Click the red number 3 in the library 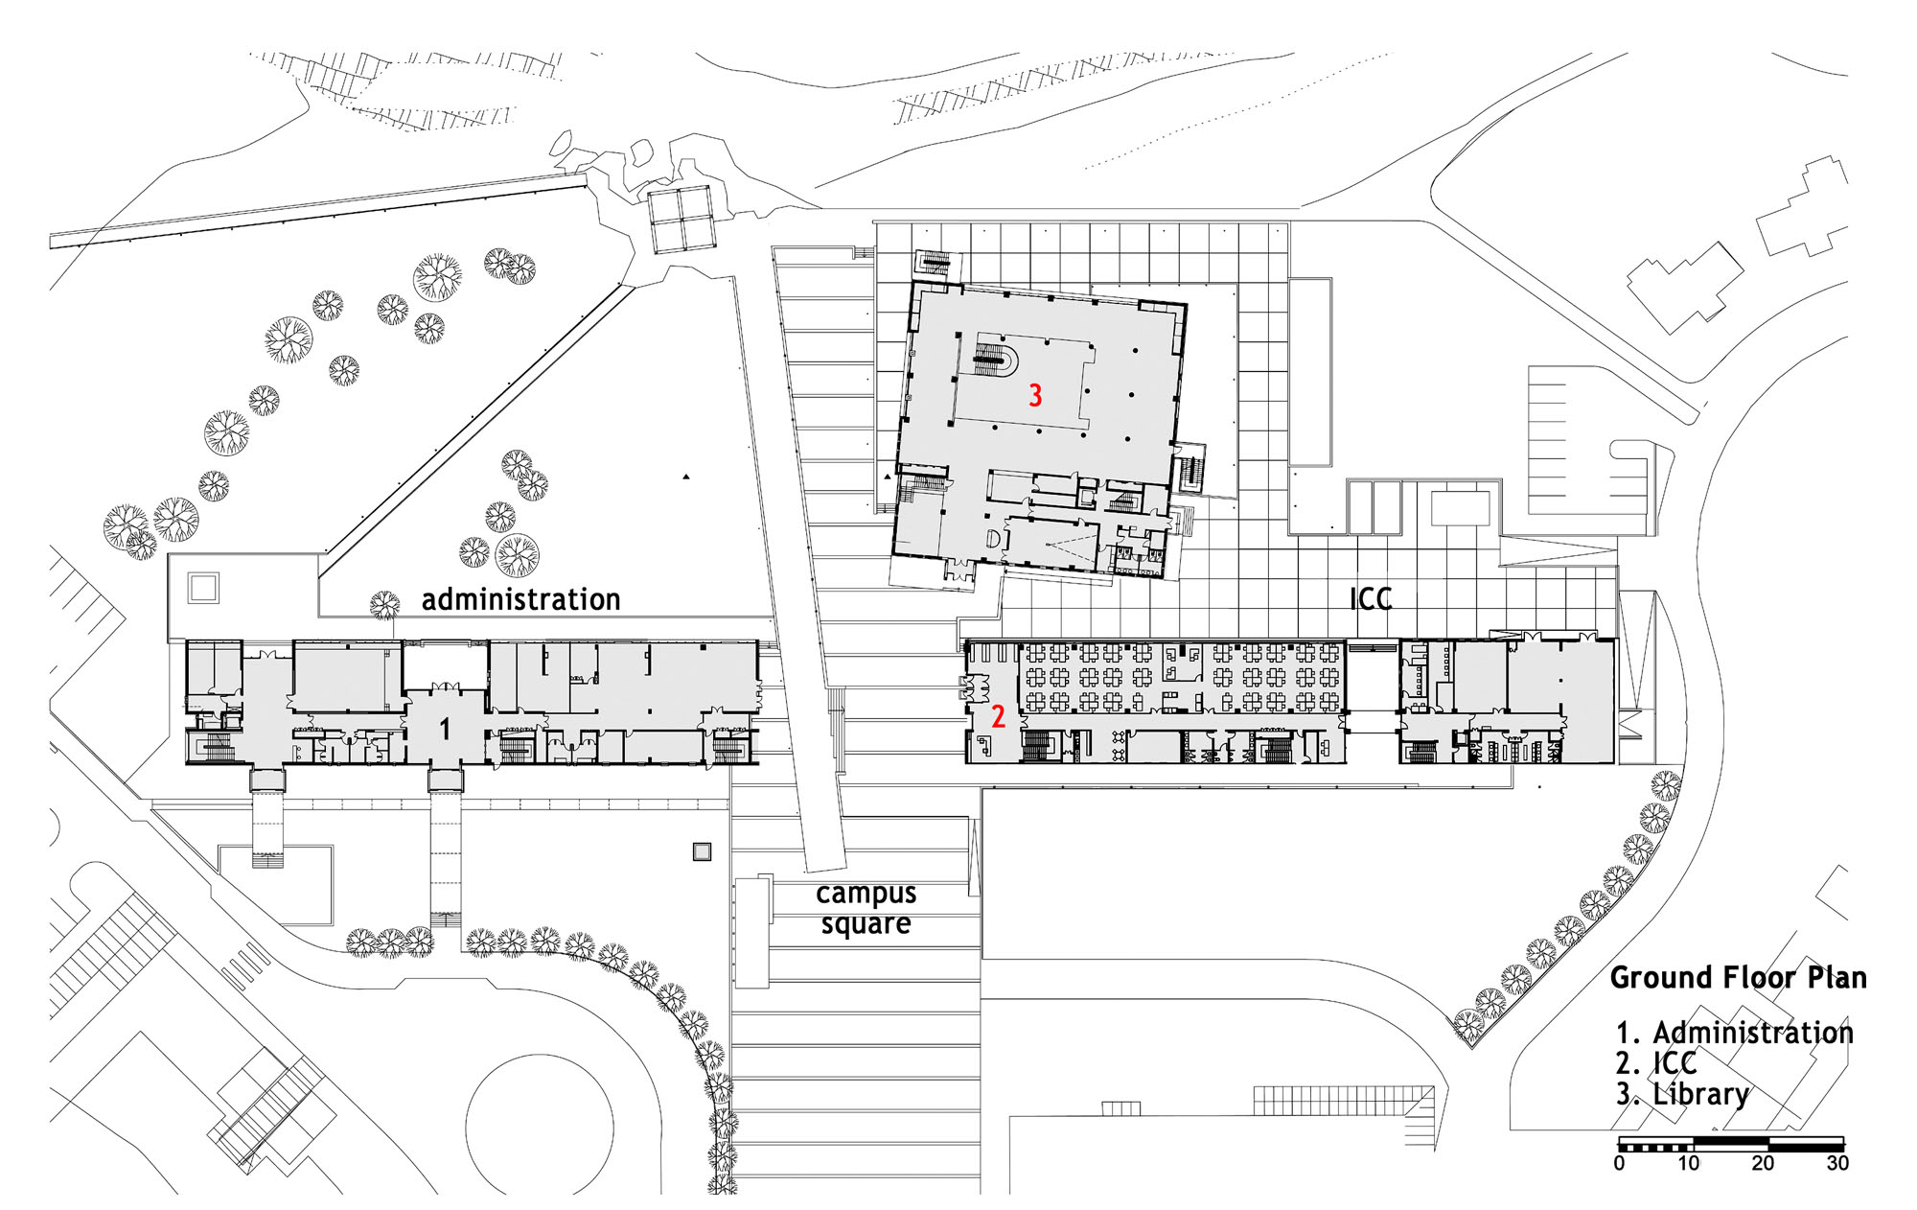click(x=1035, y=395)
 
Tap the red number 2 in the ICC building click(x=998, y=716)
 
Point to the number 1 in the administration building click(x=445, y=730)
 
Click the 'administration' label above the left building click(x=521, y=599)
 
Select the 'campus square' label click(x=866, y=908)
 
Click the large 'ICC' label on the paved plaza click(x=1371, y=599)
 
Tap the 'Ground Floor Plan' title click(x=1739, y=977)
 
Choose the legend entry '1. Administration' click(x=1735, y=1033)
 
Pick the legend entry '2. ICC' click(x=1656, y=1063)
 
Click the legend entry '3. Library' click(x=1683, y=1094)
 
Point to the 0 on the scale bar click(x=1620, y=1163)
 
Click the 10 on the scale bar click(x=1689, y=1163)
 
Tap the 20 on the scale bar click(x=1764, y=1163)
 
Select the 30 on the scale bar click(x=1837, y=1163)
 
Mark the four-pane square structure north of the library click(x=681, y=220)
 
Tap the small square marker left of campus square click(x=703, y=851)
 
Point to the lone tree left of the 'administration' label click(x=385, y=604)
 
